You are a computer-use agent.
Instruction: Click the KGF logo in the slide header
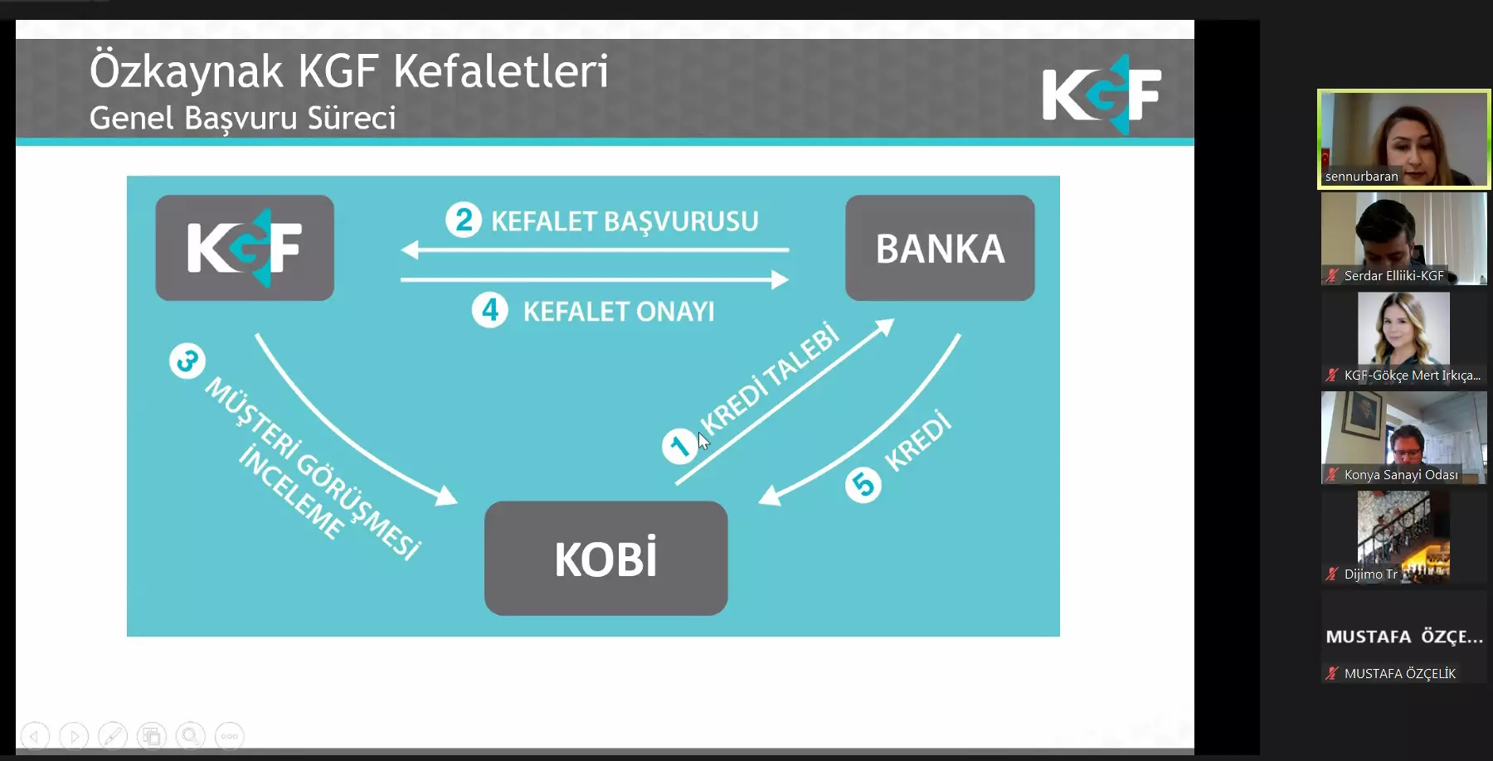point(1102,94)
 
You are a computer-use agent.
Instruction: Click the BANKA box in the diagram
point(940,248)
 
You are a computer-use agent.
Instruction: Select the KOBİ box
point(605,558)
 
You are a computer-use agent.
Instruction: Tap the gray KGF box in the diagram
point(245,248)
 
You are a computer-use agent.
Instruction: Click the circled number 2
point(464,220)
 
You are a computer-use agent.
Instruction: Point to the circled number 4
point(490,310)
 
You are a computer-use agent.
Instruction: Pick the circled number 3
point(187,361)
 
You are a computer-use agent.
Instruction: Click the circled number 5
point(863,485)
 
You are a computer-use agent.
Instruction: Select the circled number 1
point(679,446)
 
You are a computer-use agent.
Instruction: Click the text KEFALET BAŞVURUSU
point(625,221)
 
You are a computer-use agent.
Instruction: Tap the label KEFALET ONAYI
point(619,312)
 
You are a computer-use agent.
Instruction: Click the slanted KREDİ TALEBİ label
point(769,377)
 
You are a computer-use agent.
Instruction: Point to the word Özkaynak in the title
point(187,71)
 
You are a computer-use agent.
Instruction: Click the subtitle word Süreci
point(352,118)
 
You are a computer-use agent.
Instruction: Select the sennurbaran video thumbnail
point(1404,139)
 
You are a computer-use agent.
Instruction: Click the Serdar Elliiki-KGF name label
point(1393,276)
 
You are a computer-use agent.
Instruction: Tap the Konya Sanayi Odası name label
point(1401,475)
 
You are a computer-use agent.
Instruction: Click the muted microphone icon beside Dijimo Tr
point(1332,574)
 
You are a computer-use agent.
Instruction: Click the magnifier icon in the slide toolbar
point(191,735)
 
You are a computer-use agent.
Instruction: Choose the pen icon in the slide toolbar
point(113,735)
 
